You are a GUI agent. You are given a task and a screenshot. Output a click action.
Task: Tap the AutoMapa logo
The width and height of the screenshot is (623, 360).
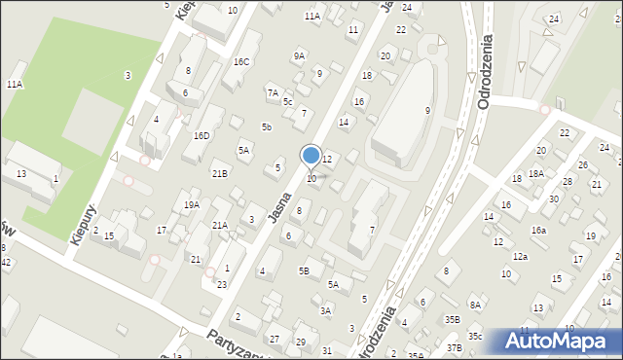563,341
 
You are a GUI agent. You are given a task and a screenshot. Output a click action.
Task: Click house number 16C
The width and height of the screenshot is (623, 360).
241,62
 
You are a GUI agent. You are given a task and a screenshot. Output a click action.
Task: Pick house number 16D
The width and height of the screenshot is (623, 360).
202,135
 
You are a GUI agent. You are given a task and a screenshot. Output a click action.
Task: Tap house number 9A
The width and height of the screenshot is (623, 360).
299,56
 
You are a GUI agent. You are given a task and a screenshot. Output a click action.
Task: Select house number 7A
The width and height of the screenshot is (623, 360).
273,92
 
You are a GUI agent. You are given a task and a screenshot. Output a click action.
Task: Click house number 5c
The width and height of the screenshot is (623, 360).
287,101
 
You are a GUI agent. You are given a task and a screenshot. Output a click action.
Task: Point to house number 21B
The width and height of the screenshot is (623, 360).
220,173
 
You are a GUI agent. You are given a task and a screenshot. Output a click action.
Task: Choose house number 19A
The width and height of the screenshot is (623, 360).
192,204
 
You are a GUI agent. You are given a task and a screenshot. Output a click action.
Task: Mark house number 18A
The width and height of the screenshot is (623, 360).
535,173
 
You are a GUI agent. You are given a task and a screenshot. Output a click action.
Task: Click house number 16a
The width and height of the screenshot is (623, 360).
538,231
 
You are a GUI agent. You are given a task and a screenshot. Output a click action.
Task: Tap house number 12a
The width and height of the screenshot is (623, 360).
521,256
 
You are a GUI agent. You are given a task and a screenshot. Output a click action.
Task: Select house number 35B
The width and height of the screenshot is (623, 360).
453,318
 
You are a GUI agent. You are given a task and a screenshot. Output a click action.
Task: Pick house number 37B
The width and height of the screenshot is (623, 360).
454,347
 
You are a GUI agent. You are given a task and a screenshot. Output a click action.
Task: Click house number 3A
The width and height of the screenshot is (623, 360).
327,310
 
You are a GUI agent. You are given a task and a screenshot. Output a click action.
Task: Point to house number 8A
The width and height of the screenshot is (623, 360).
475,305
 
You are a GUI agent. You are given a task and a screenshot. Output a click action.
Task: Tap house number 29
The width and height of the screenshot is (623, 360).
301,342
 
